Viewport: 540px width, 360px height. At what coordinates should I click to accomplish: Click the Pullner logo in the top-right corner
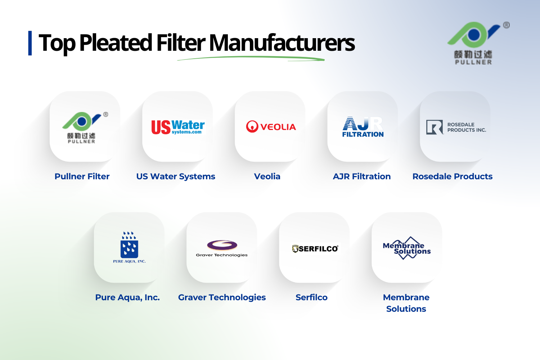pos(473,42)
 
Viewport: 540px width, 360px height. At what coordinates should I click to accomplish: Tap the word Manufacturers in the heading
pos(282,43)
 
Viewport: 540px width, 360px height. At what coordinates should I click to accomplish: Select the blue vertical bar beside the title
pos(30,43)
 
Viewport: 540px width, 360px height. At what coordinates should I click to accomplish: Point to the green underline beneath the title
pos(251,59)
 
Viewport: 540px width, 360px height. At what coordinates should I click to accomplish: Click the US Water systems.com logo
pos(178,127)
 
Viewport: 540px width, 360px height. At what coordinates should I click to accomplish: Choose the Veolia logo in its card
pos(271,127)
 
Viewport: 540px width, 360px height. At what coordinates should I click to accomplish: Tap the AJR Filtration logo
pos(363,127)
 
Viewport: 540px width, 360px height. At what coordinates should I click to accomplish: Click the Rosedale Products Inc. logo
pos(456,127)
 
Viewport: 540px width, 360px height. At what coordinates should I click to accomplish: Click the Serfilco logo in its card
pos(315,248)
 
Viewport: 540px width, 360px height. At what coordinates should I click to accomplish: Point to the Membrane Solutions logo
pos(407,248)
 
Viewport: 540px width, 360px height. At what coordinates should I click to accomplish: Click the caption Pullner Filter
pos(82,176)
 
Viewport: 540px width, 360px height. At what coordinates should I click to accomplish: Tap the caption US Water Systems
pos(176,176)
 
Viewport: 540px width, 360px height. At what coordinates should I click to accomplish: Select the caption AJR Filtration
pos(362,176)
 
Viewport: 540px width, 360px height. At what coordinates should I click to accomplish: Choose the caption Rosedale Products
pos(453,176)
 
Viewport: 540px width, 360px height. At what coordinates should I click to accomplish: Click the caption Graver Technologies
pos(222,297)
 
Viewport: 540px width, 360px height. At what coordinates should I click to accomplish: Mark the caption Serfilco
pos(311,297)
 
